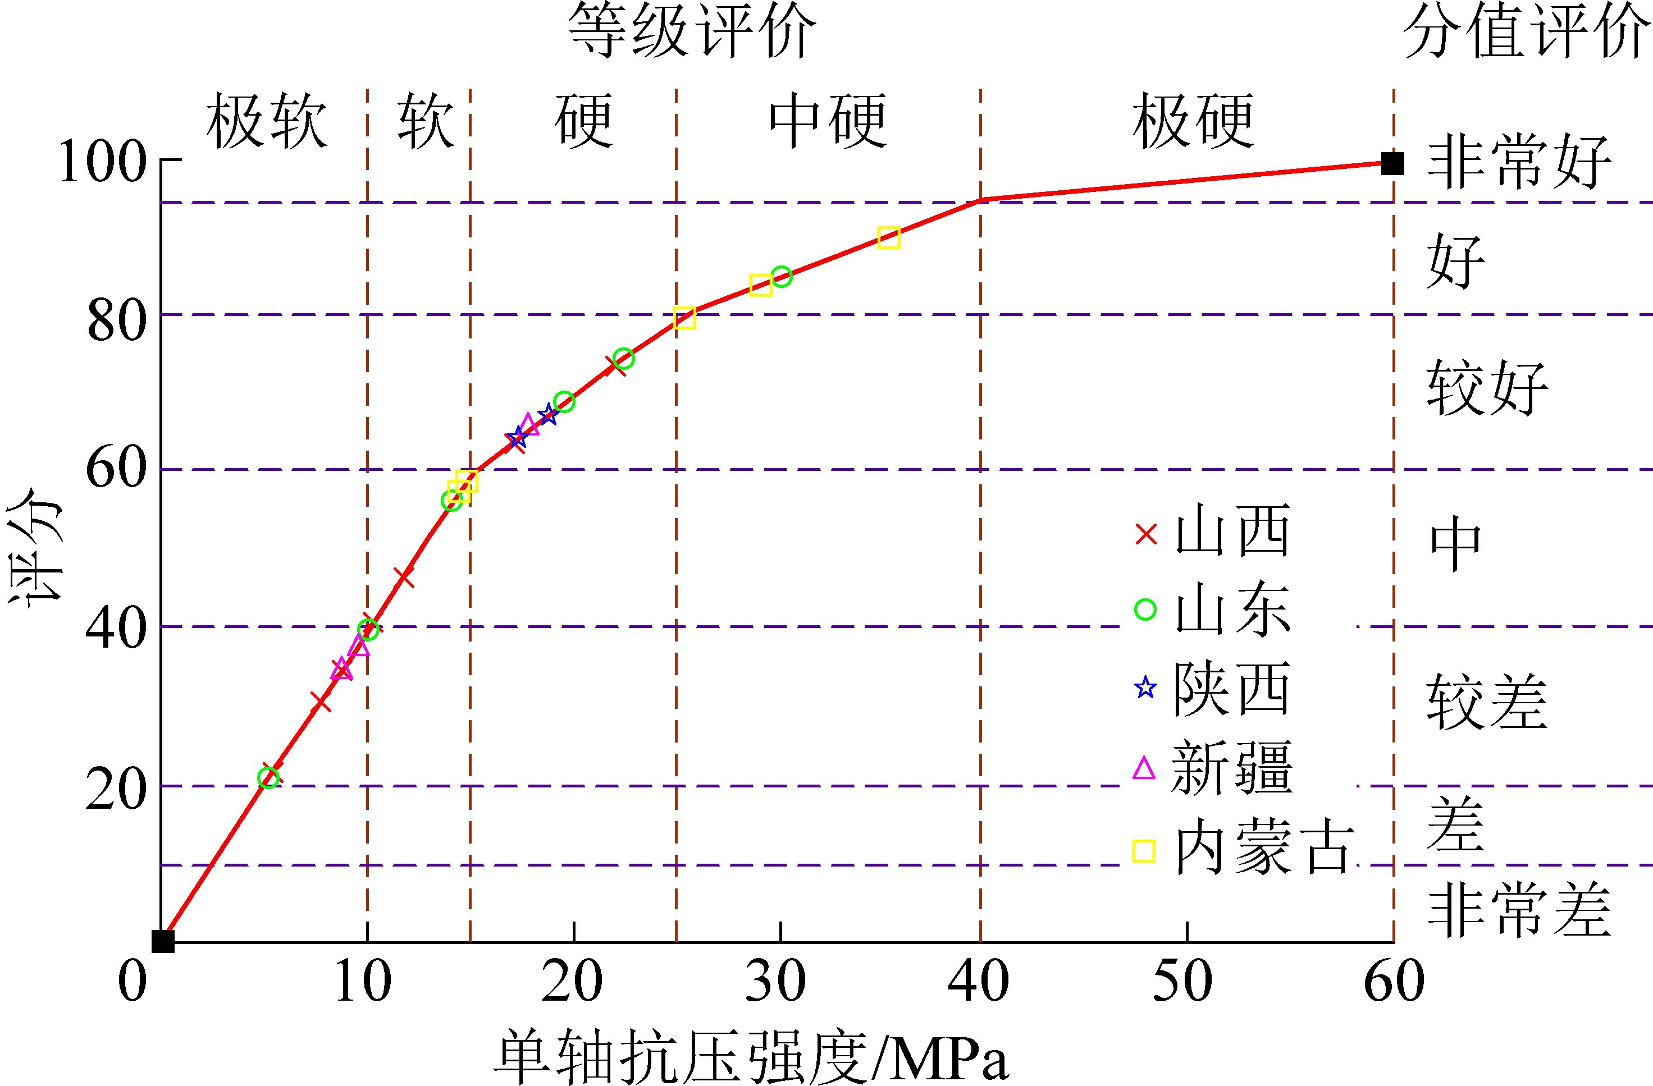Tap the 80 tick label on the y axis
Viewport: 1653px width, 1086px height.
tap(117, 321)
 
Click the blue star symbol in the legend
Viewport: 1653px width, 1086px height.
tap(1145, 688)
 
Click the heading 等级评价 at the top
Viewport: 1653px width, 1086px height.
tap(692, 31)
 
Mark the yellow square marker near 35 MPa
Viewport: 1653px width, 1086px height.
tap(889, 237)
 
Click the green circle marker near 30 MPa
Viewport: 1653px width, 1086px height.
tap(782, 276)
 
